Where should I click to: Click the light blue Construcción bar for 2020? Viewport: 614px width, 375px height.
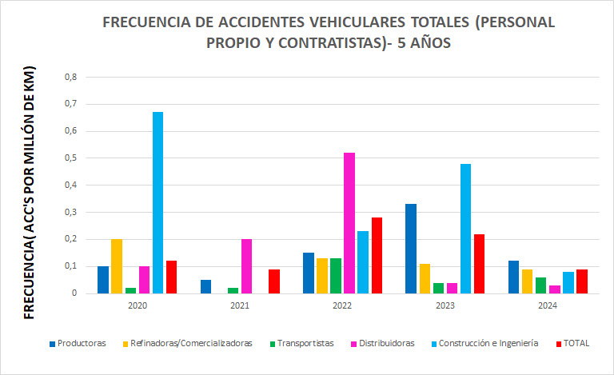(x=157, y=202)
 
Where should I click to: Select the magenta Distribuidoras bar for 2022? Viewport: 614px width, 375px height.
(x=349, y=223)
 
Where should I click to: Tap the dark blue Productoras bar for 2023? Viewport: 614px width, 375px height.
(x=411, y=249)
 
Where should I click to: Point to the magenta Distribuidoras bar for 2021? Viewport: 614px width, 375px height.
(x=246, y=266)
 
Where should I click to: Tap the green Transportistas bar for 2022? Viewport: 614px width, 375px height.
(x=336, y=276)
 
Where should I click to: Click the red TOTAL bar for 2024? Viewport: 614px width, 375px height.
(x=582, y=281)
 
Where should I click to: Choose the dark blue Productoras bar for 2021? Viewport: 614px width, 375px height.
(x=205, y=286)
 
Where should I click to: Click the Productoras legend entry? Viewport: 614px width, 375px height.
(x=78, y=343)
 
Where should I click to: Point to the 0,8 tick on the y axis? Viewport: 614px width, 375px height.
(x=70, y=78)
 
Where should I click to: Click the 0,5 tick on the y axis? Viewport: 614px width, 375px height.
(x=70, y=158)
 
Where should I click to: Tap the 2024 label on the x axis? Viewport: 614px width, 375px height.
(x=548, y=305)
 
